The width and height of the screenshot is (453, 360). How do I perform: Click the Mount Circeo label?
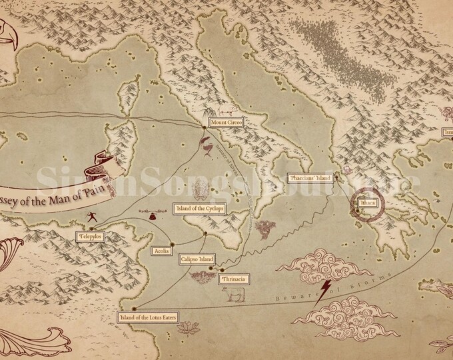click(x=225, y=123)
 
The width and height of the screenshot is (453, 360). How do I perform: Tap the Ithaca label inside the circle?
click(x=367, y=201)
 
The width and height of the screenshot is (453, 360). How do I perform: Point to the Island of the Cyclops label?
click(x=198, y=209)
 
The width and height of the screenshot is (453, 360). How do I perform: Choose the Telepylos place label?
click(x=91, y=236)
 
